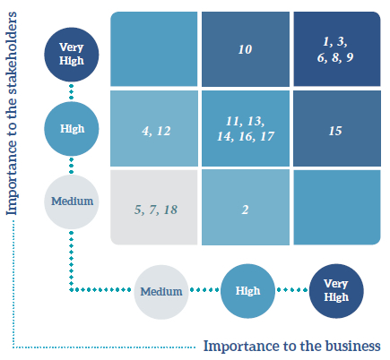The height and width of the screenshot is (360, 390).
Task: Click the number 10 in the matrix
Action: pos(245,49)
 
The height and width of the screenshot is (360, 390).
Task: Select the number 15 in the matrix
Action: pos(335,131)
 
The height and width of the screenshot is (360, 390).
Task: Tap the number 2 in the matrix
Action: pos(245,210)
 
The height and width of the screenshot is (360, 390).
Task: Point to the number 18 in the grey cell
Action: pos(170,210)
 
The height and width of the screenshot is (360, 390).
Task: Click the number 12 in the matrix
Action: pos(163,131)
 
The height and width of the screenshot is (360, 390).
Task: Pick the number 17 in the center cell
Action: pos(267,136)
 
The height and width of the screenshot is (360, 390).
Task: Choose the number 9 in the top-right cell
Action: pos(350,57)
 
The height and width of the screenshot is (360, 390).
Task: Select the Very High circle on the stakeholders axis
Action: pos(72,55)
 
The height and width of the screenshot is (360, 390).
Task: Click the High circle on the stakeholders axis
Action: pos(72,129)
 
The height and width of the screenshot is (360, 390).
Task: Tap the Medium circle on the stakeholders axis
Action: pos(72,201)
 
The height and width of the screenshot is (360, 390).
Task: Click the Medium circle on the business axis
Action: pos(161,292)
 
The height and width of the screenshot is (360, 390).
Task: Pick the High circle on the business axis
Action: pos(247,291)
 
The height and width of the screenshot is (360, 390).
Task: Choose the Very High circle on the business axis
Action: pos(336,291)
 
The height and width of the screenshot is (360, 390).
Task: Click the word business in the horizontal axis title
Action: pos(352,347)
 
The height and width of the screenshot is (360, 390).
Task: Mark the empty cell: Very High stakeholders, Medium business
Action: pos(154,49)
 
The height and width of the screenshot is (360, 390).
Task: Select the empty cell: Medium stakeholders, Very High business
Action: pos(337,208)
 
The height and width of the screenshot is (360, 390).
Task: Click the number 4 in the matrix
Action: pos(146,131)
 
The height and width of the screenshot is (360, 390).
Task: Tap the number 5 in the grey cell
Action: pos(138,210)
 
